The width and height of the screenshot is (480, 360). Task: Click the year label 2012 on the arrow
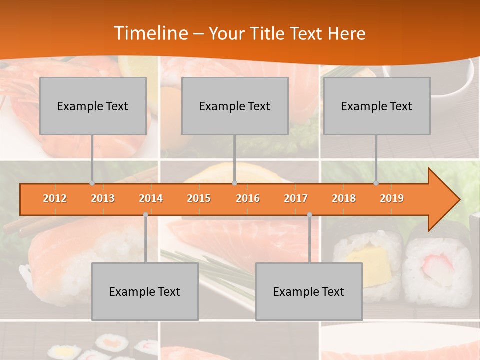(x=55, y=198)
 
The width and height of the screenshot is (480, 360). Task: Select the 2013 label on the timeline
(x=103, y=198)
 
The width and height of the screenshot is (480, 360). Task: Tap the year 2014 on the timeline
(x=151, y=198)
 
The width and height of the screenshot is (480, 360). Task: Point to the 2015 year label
(x=199, y=198)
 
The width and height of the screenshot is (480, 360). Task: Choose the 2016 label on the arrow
(x=248, y=198)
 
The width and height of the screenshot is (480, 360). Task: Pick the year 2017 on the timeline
(x=296, y=198)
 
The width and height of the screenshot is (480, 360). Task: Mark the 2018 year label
(x=344, y=198)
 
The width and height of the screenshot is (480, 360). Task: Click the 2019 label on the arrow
(x=392, y=198)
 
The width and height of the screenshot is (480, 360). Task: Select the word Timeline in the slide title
(x=150, y=33)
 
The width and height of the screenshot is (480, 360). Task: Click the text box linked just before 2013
(x=93, y=106)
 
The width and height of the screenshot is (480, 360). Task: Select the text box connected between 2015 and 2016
(x=235, y=106)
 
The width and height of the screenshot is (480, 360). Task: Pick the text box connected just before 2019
(x=377, y=106)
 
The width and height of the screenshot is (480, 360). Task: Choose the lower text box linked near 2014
(x=145, y=291)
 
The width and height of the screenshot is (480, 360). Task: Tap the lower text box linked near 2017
(x=309, y=291)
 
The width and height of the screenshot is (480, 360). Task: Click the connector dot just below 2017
(x=309, y=215)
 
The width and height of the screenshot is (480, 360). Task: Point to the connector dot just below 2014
(x=145, y=215)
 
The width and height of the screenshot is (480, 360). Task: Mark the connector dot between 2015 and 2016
(x=234, y=183)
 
